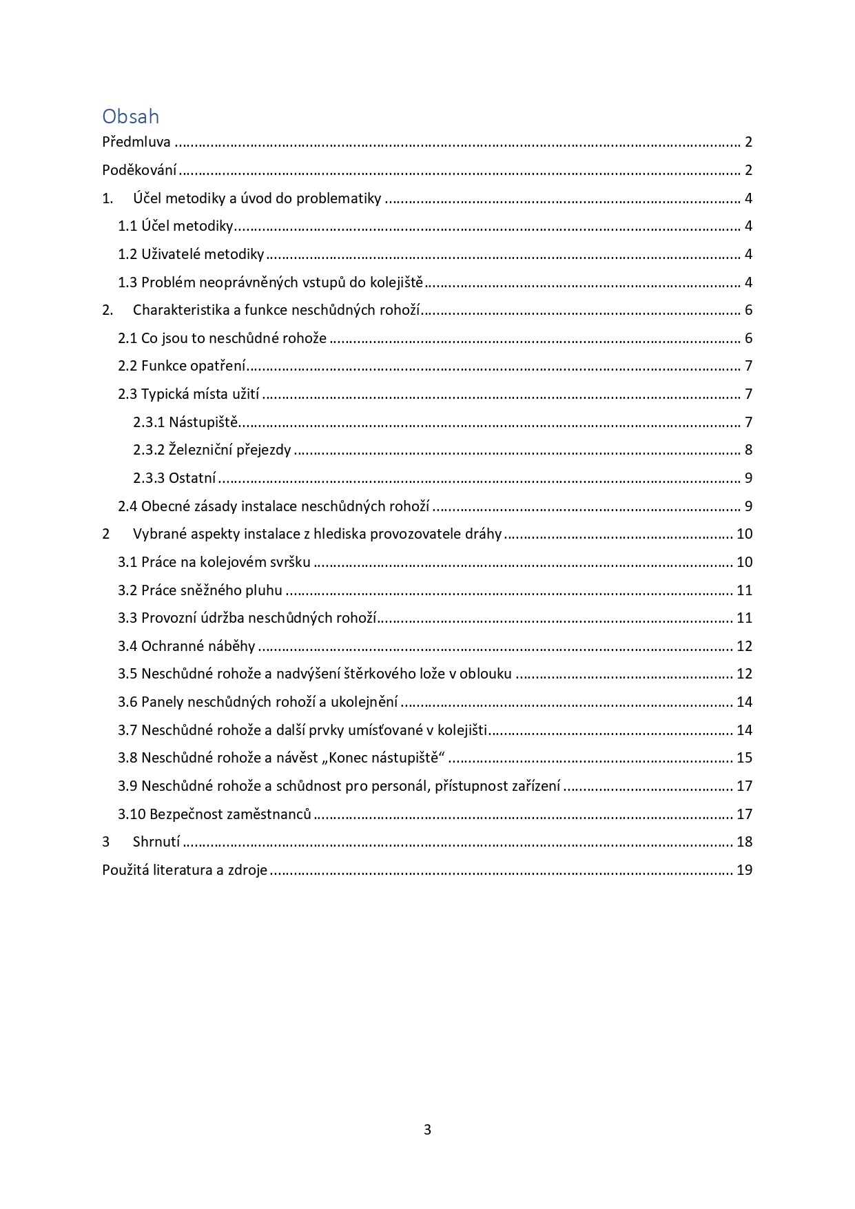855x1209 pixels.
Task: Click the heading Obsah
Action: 130,116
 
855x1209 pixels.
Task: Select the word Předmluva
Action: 136,143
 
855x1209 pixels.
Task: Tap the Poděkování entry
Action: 139,170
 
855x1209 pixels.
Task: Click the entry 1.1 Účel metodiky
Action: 176,226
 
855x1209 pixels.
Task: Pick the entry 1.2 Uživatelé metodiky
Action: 191,254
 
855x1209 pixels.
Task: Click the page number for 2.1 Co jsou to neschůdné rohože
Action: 748,338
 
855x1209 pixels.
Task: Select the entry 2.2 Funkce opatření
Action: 182,366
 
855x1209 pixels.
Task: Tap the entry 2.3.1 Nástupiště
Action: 185,422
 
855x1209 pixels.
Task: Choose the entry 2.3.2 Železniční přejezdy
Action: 212,451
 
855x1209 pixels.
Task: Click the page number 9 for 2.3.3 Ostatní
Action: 748,478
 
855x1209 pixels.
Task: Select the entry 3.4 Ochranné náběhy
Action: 186,646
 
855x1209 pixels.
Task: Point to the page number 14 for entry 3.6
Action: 744,702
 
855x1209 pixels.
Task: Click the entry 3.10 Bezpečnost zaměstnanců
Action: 214,814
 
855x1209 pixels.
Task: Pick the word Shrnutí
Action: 156,842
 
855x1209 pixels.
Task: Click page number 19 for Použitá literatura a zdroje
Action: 744,870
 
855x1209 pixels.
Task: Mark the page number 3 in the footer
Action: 427,1130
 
